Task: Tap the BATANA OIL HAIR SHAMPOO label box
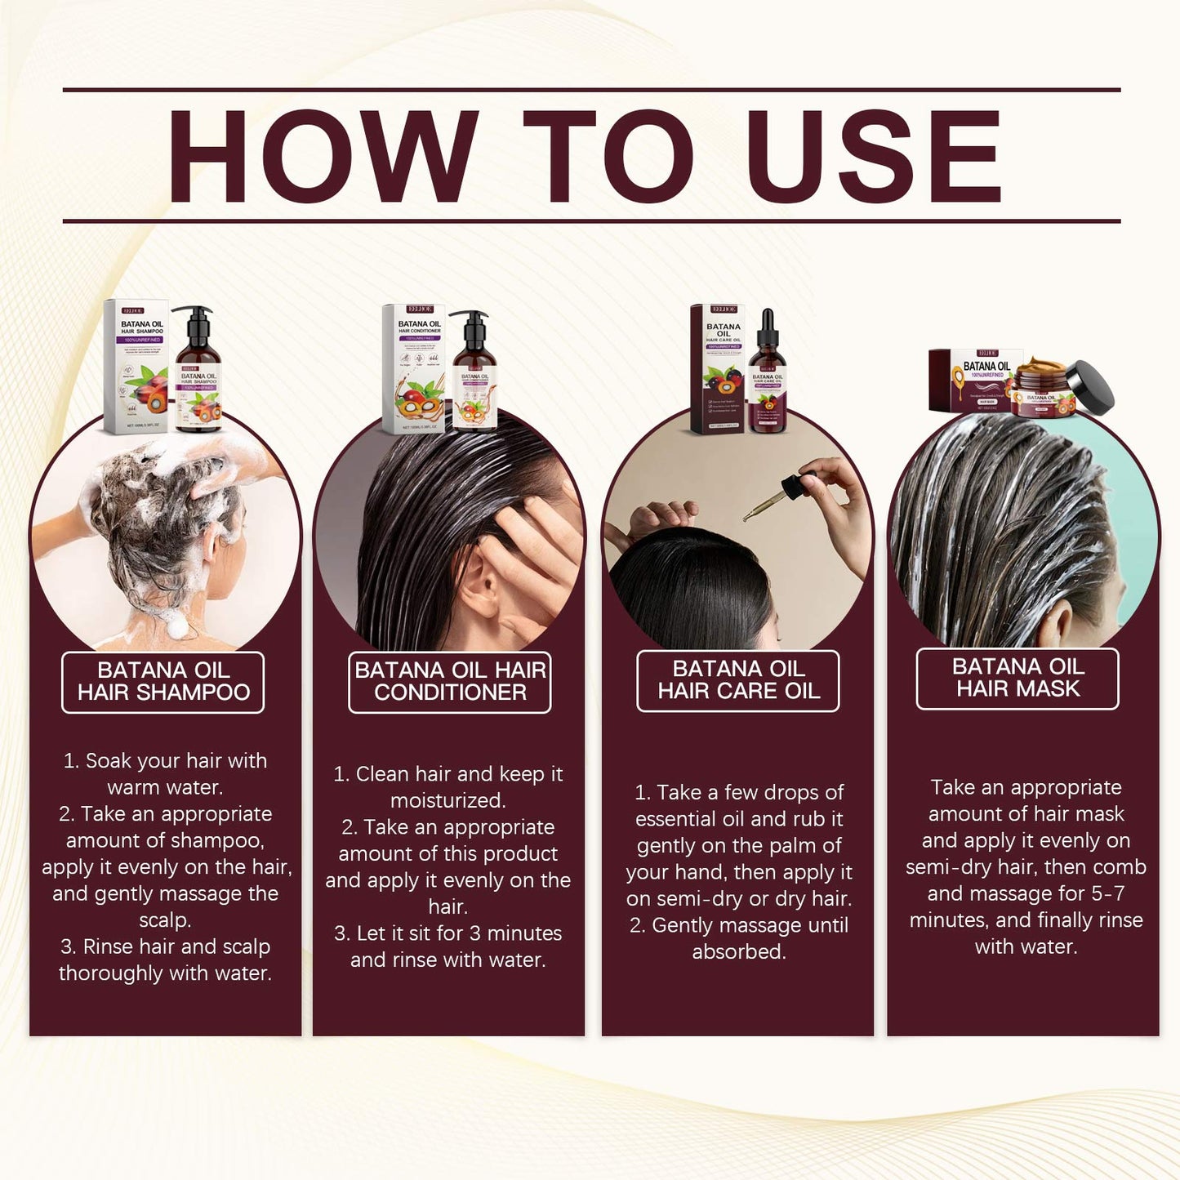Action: (x=163, y=682)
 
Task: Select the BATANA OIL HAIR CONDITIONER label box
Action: (x=450, y=682)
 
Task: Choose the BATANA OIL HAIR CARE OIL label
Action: (x=738, y=680)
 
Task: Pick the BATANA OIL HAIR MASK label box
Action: (x=1017, y=678)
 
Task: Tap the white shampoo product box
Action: (x=136, y=367)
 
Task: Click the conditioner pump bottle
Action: (x=474, y=376)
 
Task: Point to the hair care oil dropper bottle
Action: (x=767, y=380)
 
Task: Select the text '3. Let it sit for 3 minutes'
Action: (x=448, y=933)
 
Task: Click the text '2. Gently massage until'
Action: (x=738, y=925)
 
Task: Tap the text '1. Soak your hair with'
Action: (x=165, y=761)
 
